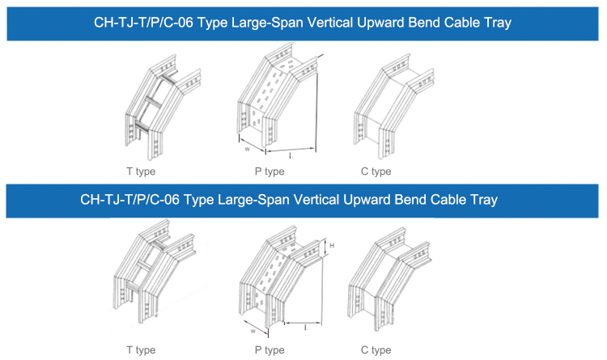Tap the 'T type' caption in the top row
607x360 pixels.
tap(141, 172)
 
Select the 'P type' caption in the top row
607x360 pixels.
tap(270, 172)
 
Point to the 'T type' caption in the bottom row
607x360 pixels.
tap(141, 350)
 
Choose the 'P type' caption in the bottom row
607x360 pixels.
tap(270, 350)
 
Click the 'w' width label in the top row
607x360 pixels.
tap(246, 149)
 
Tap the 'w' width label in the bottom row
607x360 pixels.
tap(255, 330)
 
